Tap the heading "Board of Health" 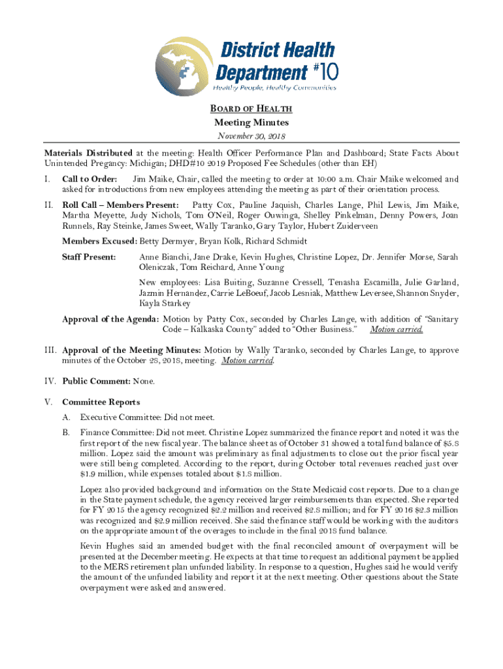coord(252,109)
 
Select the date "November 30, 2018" coord(252,136)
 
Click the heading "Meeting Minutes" coord(252,122)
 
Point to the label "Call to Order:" coord(89,179)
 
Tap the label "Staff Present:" coord(89,257)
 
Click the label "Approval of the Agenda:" coord(110,319)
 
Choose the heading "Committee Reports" coord(101,402)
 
